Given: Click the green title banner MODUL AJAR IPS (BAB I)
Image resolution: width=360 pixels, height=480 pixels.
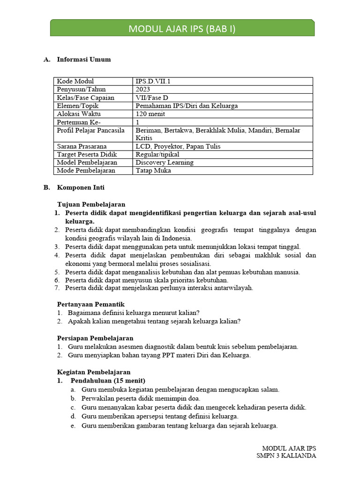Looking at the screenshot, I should (182, 29).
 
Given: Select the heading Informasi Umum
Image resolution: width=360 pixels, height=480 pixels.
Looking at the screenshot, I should (84, 60).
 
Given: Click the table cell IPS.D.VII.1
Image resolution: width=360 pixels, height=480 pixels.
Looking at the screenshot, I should (153, 81).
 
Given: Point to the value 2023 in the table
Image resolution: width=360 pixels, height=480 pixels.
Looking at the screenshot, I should (143, 89).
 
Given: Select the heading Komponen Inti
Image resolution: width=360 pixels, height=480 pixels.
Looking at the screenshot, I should (81, 187).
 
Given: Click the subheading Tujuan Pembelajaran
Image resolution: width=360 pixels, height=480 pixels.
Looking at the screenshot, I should (91, 204).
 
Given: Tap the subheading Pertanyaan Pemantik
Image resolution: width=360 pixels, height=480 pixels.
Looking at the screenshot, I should (90, 304).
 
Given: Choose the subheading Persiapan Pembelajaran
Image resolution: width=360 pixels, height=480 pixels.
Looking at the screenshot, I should (95, 338).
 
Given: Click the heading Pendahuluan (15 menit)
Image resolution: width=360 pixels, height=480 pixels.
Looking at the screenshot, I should (108, 380).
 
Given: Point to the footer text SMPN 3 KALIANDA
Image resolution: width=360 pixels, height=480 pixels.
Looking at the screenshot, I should (286, 456).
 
